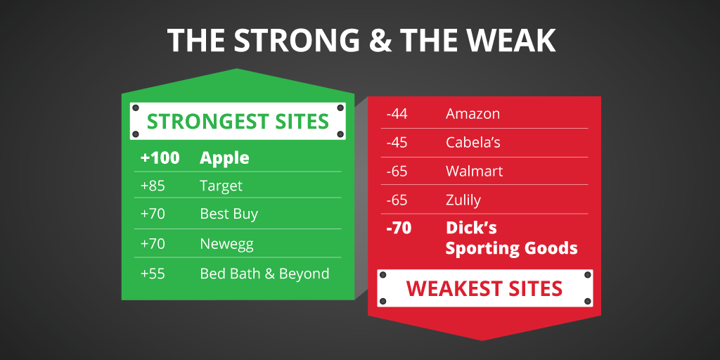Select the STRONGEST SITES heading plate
click(238, 121)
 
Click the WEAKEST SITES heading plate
click(484, 288)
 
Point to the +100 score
click(160, 158)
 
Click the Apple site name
click(224, 158)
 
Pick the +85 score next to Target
click(153, 186)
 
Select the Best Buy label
click(229, 213)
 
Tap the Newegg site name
click(226, 245)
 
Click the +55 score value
click(153, 274)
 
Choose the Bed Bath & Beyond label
click(264, 274)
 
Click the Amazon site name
click(472, 114)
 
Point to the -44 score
click(397, 114)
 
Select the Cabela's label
click(472, 142)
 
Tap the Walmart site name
click(474, 171)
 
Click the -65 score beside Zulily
click(397, 200)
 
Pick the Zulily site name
click(463, 200)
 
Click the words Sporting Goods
click(511, 248)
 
